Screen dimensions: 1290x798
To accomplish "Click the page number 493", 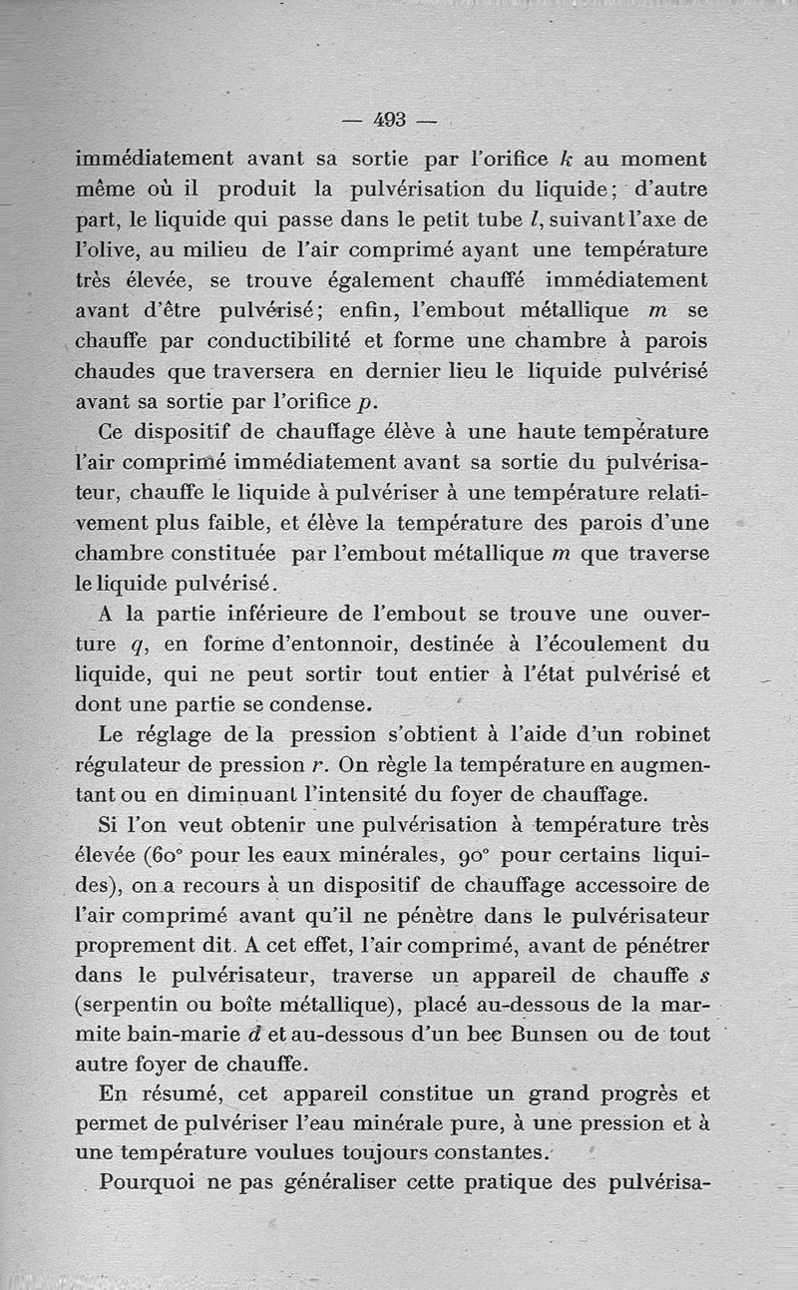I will click(390, 120).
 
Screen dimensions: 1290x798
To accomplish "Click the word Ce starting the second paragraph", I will click(114, 434).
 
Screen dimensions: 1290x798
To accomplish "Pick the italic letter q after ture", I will click(143, 645).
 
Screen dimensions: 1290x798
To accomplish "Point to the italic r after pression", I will click(334, 766).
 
